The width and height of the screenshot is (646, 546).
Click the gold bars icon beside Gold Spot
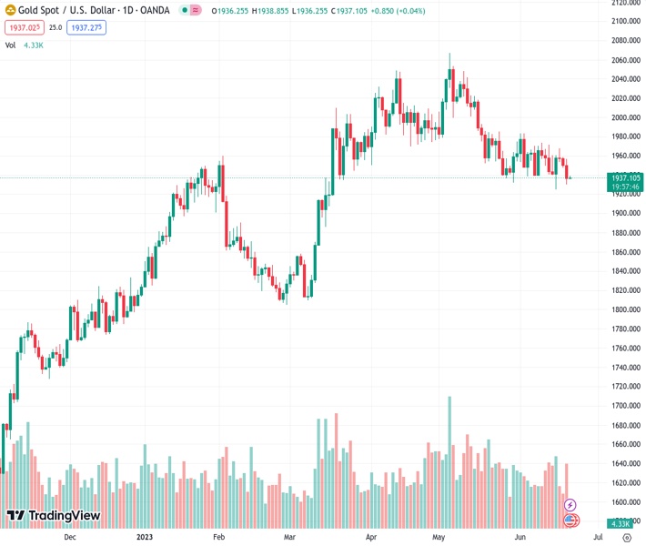pyautogui.click(x=10, y=11)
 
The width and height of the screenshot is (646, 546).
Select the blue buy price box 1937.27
pyautogui.click(x=88, y=28)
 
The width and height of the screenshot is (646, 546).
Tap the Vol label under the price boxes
pyautogui.click(x=10, y=45)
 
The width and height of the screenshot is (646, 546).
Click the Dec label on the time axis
pyautogui.click(x=70, y=537)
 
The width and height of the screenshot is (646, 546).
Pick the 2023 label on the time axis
pyautogui.click(x=144, y=537)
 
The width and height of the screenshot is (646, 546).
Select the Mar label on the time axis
pyautogui.click(x=289, y=537)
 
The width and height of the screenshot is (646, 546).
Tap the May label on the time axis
pyautogui.click(x=439, y=537)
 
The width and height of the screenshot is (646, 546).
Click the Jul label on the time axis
pyautogui.click(x=598, y=537)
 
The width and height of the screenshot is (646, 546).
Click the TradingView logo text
pyautogui.click(x=64, y=516)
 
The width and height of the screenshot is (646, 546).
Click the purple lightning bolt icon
pyautogui.click(x=570, y=504)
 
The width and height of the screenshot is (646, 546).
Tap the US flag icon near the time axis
pyautogui.click(x=570, y=520)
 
